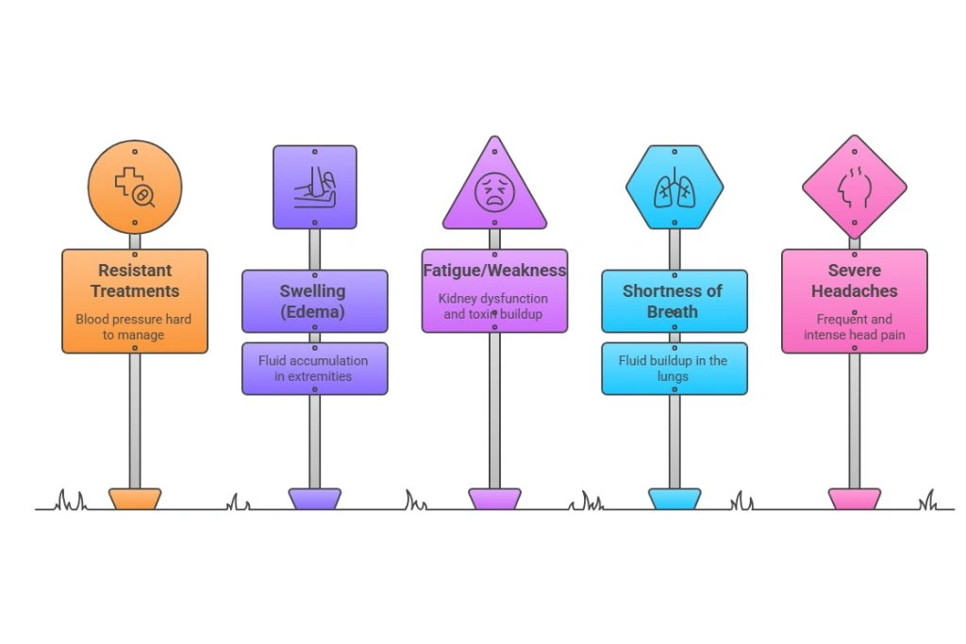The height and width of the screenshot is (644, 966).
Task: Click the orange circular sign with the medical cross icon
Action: (135, 187)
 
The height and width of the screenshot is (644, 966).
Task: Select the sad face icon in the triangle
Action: (494, 192)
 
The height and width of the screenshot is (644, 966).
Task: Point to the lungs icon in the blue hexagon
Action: (674, 188)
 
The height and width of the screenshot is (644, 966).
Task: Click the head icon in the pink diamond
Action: (854, 188)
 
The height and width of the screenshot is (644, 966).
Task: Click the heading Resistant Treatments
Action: (135, 281)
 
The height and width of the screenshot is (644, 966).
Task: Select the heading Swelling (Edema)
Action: (313, 301)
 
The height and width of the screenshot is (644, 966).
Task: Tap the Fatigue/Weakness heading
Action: (494, 271)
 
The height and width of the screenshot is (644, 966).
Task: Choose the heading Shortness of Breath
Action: (674, 301)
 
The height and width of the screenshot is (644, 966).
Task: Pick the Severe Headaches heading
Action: (854, 281)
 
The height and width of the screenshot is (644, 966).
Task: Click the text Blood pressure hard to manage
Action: (134, 327)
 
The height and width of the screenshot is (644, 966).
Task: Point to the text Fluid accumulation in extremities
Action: (313, 369)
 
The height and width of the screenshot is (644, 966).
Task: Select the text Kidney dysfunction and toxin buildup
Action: (494, 306)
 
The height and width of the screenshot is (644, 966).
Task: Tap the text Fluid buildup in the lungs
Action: (674, 368)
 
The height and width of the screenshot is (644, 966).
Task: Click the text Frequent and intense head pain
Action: (854, 327)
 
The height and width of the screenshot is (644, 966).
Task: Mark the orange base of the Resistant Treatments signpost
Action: (135, 499)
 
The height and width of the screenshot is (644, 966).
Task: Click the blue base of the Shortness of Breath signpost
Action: (674, 499)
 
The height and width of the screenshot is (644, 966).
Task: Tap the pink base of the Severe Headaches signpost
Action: (854, 499)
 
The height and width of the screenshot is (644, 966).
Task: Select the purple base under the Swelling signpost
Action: (314, 499)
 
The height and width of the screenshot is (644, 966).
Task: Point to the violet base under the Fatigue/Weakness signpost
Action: (494, 499)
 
